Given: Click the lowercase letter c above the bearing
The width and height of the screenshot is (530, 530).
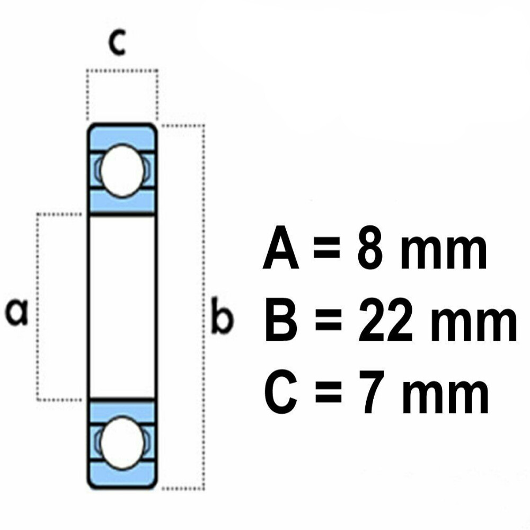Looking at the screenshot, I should [117, 45].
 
